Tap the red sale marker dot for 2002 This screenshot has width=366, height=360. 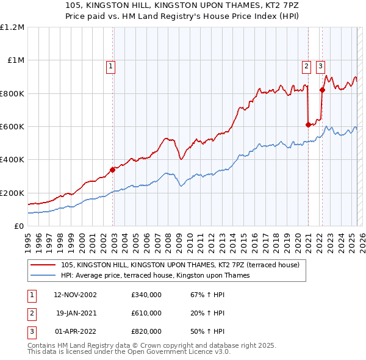click(113, 170)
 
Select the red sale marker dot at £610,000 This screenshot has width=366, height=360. click(308, 124)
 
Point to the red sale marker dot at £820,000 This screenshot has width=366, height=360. click(322, 90)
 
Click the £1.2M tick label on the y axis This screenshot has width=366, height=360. click(12, 27)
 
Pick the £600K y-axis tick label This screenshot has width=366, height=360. click(12, 127)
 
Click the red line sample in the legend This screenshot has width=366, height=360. click(43, 265)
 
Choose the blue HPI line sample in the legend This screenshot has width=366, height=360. click(43, 275)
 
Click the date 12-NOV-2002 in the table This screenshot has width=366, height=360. click(75, 295)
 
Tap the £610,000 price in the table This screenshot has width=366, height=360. click(146, 313)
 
